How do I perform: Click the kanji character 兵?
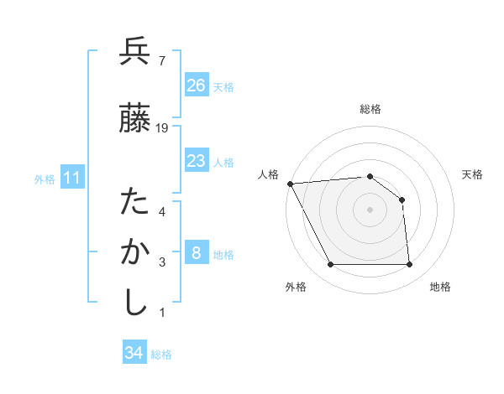[x=134, y=52]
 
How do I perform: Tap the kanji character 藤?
[x=134, y=119]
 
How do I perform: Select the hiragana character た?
[x=134, y=202]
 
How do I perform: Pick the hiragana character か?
[x=134, y=252]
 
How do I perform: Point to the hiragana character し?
[x=134, y=302]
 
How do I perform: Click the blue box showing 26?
[x=197, y=85]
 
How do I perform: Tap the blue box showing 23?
[x=197, y=161]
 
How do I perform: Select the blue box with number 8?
[x=197, y=253]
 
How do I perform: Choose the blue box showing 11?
[x=72, y=178]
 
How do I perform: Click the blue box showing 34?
[x=134, y=353]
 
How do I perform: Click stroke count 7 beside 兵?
[x=161, y=60]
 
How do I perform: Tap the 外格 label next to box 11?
[x=45, y=179]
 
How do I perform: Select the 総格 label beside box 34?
[x=161, y=355]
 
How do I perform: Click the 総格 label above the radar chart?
[x=370, y=110]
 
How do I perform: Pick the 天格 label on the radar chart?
[x=473, y=174]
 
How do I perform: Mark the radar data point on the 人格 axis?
[x=290, y=184]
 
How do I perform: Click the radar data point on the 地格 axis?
[x=409, y=265]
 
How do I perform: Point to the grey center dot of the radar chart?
[x=370, y=209]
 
